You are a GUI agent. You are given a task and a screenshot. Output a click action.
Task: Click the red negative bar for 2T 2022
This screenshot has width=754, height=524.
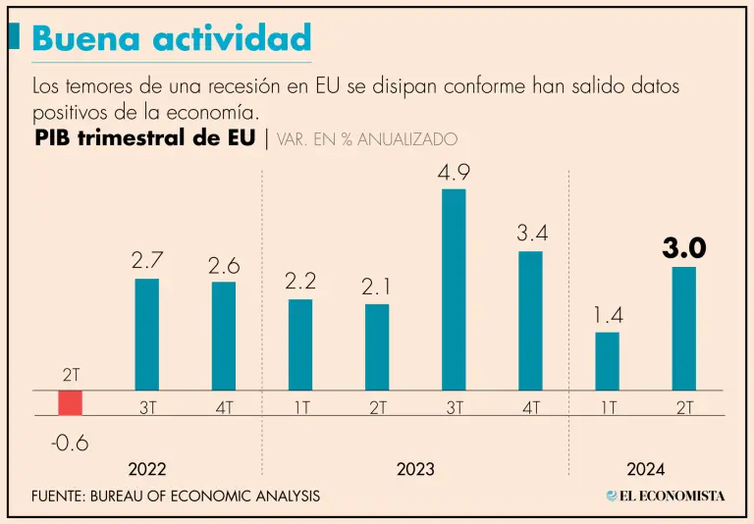(70, 402)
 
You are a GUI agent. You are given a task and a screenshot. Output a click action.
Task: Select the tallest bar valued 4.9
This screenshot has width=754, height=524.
(454, 289)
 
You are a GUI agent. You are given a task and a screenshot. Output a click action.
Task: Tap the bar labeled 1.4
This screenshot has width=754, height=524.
(608, 361)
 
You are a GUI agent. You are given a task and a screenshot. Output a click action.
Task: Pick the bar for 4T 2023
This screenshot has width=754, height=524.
(530, 321)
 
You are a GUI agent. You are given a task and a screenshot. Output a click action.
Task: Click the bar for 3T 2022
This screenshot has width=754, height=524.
(146, 335)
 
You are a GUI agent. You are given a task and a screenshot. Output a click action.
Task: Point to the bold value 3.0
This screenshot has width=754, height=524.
(684, 249)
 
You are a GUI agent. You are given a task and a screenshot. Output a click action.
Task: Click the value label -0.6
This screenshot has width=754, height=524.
(70, 444)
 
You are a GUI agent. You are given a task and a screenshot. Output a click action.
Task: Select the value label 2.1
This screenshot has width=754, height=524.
(377, 287)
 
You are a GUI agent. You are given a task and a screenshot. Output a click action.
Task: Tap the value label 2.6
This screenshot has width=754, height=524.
(223, 265)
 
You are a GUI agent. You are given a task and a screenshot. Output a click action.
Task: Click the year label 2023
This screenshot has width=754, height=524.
(415, 470)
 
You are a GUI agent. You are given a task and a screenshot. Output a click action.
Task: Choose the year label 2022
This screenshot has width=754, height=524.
(146, 470)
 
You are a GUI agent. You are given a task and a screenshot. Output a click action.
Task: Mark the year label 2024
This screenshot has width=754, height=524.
(645, 470)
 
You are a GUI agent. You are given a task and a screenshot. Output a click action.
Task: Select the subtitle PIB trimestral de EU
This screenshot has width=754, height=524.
(146, 138)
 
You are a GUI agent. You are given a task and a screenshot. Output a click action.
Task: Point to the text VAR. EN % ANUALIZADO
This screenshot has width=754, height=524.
(367, 140)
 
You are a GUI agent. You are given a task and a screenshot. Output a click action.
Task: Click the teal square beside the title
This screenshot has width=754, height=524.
(14, 37)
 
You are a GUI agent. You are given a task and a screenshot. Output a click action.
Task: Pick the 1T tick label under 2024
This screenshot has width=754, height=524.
(608, 407)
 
